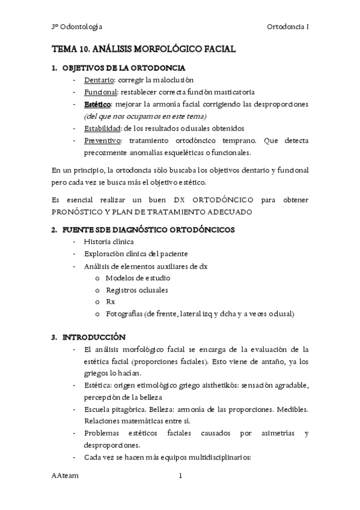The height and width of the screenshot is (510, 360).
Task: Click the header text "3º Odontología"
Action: click(76, 26)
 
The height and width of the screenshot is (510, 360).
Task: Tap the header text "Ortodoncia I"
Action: click(287, 26)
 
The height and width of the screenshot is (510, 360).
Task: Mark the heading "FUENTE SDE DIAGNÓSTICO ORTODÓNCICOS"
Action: click(148, 229)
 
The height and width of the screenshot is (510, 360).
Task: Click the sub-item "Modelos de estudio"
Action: click(138, 278)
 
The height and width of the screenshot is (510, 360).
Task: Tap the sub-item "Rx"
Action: click(110, 302)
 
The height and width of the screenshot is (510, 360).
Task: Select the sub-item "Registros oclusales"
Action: click(136, 290)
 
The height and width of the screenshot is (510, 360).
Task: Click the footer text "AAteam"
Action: click(65, 476)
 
